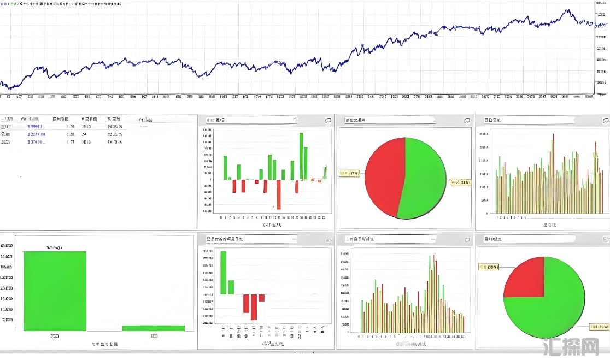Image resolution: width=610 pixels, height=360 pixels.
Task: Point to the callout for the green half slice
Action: pyautogui.click(x=460, y=182)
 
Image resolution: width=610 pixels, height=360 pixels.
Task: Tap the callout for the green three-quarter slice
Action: pyautogui.click(x=599, y=327)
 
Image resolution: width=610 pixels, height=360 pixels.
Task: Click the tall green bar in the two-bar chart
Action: pyautogui.click(x=55, y=291)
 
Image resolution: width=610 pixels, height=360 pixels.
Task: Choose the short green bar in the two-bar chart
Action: pyautogui.click(x=153, y=328)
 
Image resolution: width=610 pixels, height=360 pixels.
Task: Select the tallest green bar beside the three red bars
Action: pyautogui.click(x=223, y=272)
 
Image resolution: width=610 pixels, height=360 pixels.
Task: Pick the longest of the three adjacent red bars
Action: pyautogui.click(x=254, y=307)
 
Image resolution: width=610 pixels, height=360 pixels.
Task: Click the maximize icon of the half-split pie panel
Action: pyautogui.click(x=467, y=120)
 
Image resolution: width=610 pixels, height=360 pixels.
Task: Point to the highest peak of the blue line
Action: pyautogui.click(x=568, y=10)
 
